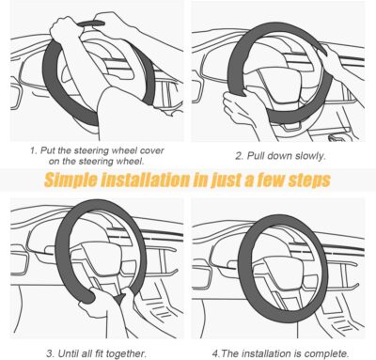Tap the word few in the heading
(x=264, y=180)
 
